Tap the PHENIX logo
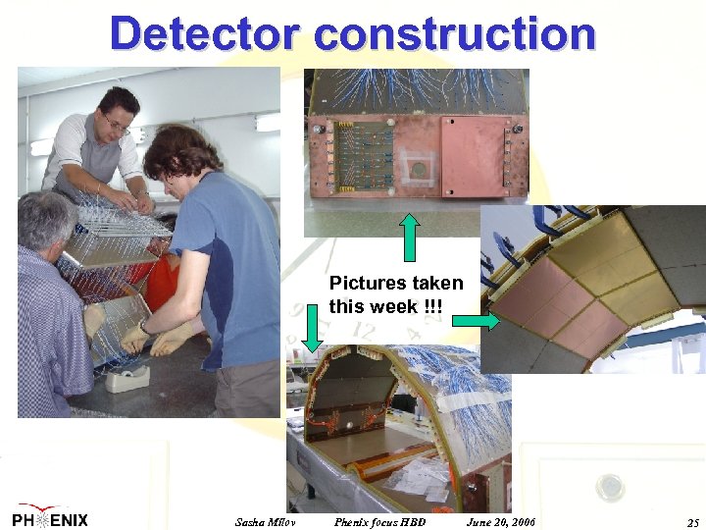coord(50,519)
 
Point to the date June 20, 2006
coord(501,521)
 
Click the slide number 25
coord(693,521)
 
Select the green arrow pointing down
coord(313,327)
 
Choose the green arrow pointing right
coord(478,320)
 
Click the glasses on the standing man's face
coord(117,125)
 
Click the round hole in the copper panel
coord(418,169)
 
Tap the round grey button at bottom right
coord(610,485)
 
